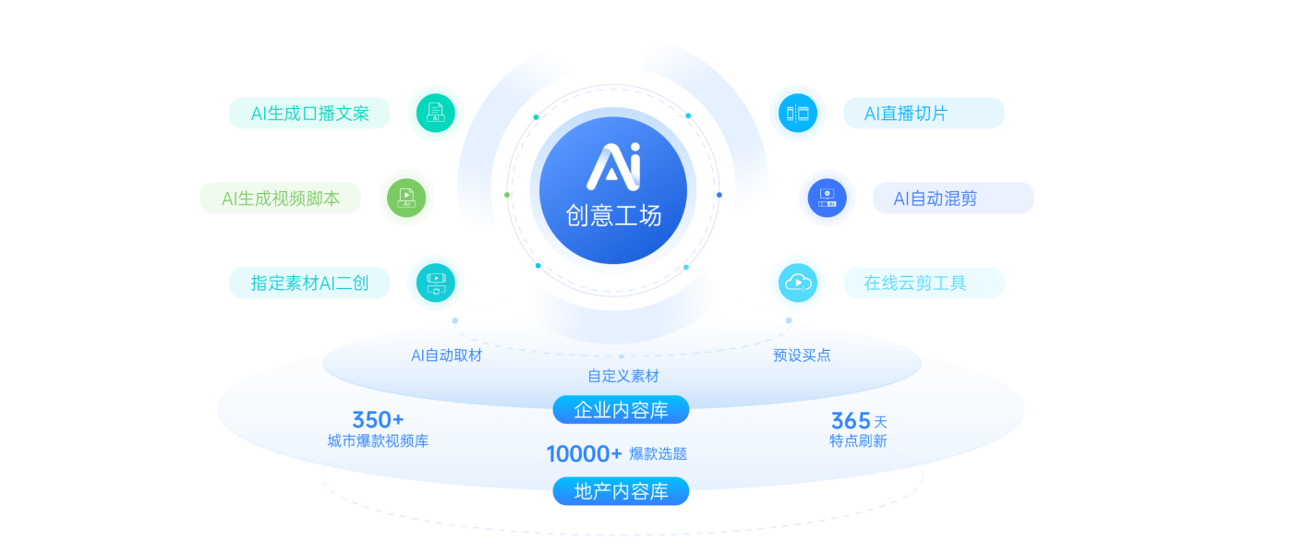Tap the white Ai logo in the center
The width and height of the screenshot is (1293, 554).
pos(613,165)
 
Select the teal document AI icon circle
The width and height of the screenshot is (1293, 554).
pos(436,113)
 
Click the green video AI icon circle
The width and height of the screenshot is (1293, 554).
pos(406,199)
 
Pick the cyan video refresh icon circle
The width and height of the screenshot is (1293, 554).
pos(436,283)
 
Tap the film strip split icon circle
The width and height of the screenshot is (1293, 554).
pos(798,113)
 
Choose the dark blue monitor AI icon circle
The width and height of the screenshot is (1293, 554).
pos(827,199)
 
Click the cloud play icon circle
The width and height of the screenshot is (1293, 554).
pos(798,283)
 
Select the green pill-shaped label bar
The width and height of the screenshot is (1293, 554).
pos(280,198)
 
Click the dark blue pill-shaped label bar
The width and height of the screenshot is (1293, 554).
pos(953,198)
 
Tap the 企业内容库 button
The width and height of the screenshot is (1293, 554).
pos(621,410)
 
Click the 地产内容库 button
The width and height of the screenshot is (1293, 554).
pos(621,491)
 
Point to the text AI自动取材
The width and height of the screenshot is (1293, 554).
pos(446,355)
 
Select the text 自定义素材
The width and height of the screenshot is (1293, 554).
pos(623,376)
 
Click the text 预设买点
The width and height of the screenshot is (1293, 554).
pos(802,355)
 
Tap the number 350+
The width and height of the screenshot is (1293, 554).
pos(378,420)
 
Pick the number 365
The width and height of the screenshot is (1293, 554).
pos(851,421)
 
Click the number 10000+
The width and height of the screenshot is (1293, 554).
pos(584,453)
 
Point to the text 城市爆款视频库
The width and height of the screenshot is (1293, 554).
pos(378,441)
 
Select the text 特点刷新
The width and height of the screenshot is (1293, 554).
pos(858,441)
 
